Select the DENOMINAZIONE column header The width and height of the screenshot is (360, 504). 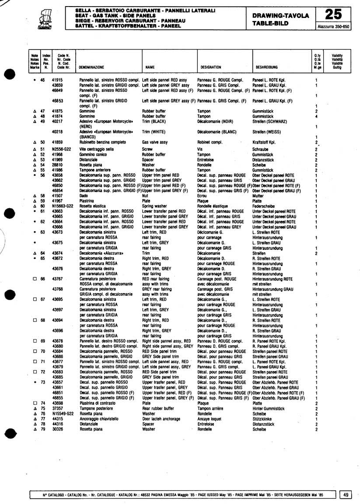[91, 67]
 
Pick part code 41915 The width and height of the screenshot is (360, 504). [58, 80]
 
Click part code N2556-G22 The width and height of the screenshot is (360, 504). [61, 149]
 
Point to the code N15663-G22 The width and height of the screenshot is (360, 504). [62, 206]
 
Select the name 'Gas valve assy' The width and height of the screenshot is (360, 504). [155, 142]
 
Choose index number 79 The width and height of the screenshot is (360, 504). [42, 429]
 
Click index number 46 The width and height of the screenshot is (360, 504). [42, 80]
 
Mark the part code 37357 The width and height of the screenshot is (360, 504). [57, 408]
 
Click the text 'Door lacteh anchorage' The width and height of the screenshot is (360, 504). [161, 419]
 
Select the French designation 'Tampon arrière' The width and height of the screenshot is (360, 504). [210, 408]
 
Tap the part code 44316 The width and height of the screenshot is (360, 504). [57, 424]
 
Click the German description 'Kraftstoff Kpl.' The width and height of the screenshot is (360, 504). [264, 142]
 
